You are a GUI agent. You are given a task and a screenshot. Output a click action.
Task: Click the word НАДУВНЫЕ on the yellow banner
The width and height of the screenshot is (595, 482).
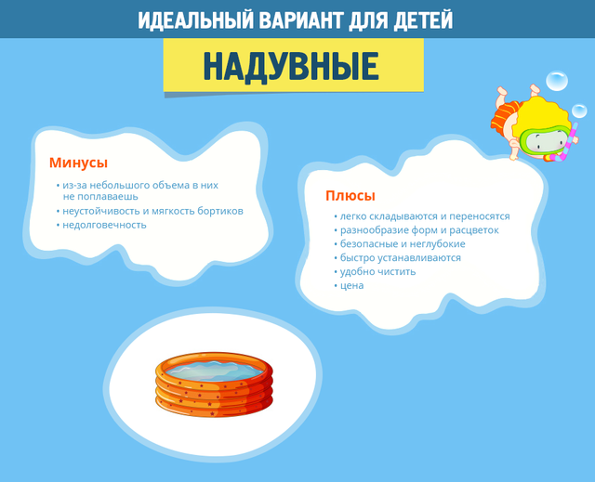291,66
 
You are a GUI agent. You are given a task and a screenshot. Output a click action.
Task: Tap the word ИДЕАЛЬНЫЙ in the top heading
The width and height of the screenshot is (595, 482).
195,20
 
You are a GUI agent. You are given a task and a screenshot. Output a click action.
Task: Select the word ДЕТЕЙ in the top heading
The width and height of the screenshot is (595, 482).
423,20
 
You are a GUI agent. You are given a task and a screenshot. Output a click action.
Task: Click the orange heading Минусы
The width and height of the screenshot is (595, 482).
78,163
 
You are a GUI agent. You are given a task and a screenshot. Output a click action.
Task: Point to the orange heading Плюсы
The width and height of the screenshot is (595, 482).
350,196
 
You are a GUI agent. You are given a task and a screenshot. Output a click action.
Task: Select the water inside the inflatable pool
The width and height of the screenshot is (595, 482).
215,370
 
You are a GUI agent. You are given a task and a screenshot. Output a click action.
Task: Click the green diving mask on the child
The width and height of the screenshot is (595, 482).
545,141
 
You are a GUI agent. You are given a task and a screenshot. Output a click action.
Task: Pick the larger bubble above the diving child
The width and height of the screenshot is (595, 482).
557,81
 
